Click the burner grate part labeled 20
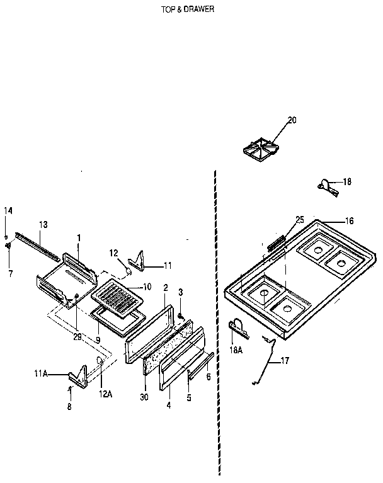pos(260,149)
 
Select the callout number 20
pos(292,120)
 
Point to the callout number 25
pos(299,219)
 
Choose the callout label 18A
pos(236,346)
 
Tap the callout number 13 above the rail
pos(43,224)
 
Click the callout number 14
pos(8,210)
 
